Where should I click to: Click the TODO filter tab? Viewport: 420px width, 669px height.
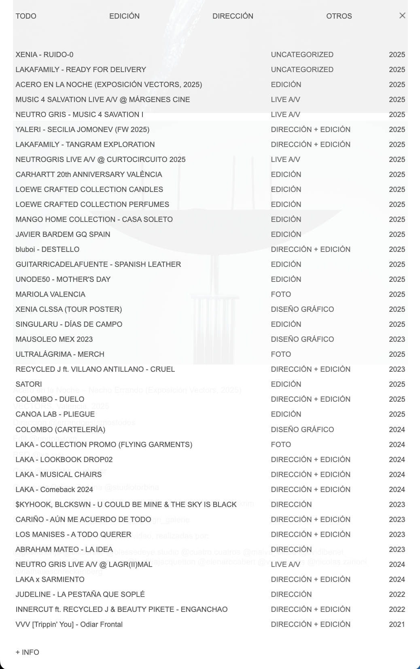coord(26,16)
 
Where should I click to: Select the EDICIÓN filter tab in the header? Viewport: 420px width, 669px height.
coord(124,16)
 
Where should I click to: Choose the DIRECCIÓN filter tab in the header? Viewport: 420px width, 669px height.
coord(233,16)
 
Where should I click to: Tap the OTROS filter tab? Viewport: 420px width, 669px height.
coord(339,16)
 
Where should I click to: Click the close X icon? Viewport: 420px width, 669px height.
coord(402,16)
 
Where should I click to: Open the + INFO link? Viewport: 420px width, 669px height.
coord(28,652)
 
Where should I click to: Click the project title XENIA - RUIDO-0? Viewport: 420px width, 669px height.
coord(45,55)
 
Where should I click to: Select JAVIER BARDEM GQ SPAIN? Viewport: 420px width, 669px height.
coord(63,234)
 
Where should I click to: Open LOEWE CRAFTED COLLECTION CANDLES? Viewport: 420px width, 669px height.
coord(89,190)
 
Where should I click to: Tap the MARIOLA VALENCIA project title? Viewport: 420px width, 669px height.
coord(50,294)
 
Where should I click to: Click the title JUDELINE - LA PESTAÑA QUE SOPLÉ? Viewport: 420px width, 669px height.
coord(80,594)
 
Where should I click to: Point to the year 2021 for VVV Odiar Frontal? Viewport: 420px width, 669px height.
coord(397,624)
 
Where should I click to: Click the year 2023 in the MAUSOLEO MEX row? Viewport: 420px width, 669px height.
coord(397,339)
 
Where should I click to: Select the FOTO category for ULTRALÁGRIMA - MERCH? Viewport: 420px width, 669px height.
coord(281,354)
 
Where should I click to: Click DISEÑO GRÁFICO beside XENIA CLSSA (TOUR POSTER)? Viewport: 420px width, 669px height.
coord(302,309)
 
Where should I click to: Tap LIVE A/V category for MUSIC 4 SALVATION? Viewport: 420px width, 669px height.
coord(285,100)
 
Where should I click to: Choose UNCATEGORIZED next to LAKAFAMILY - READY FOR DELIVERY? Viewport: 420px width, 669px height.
coord(302,70)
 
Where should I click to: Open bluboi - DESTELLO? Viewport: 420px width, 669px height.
coord(47,249)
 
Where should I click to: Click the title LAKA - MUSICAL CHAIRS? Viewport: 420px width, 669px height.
coord(58,475)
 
